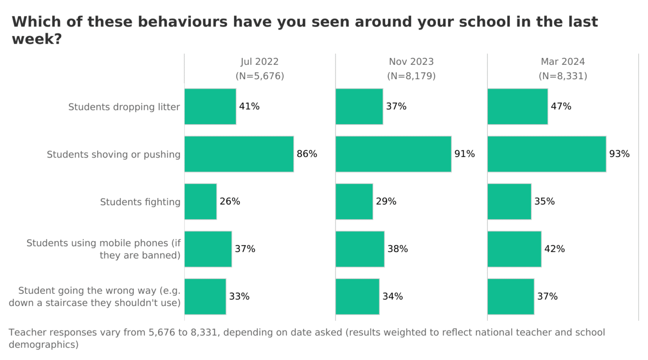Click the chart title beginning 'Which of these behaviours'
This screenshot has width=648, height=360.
pos(305,30)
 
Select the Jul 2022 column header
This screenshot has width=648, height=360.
pos(260,62)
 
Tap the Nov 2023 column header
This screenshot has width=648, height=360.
pos(411,62)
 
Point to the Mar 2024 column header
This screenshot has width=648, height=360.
pos(563,62)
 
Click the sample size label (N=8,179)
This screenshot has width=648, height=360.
pos(411,76)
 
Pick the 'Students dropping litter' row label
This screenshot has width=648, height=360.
pos(124,107)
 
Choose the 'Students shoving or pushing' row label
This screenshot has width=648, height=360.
pos(113,155)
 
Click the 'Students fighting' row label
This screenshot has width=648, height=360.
pos(140,202)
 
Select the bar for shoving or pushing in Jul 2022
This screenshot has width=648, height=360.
pos(239,154)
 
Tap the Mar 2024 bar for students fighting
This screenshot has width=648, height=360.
pos(509,202)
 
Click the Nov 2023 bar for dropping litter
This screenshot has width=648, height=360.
pos(359,107)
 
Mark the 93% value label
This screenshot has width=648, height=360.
pos(619,154)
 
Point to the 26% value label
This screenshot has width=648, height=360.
pos(230,202)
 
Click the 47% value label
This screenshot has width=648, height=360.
pos(561,107)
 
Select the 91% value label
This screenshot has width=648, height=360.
pos(464,154)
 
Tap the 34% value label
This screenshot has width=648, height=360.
pos(392,297)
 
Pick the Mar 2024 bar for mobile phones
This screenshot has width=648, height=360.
pos(514,249)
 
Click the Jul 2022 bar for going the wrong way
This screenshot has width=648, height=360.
pos(205,297)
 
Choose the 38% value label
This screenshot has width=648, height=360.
pos(398,249)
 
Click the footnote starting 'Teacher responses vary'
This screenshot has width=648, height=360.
pos(306,338)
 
